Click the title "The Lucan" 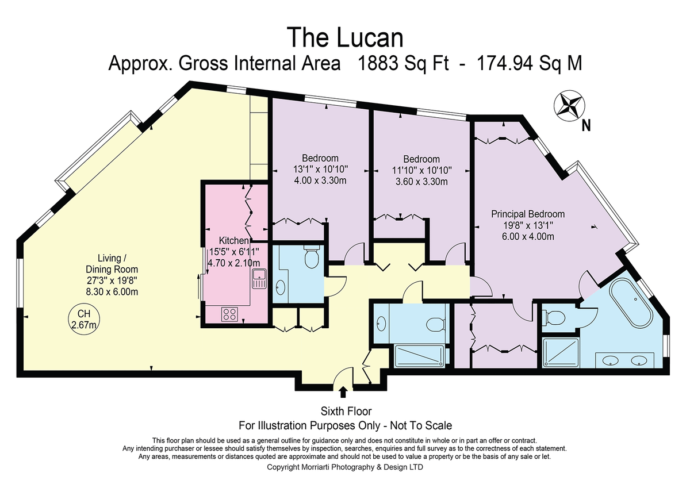[344, 37]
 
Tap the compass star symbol [569, 106]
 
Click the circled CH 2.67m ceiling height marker [84, 319]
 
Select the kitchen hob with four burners [229, 314]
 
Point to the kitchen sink [259, 278]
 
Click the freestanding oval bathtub [632, 303]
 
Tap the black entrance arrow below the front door [343, 392]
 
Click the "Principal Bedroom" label [528, 214]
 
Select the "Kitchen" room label [234, 240]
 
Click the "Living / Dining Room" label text [112, 264]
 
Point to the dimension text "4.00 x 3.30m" [320, 180]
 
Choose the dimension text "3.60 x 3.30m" [421, 181]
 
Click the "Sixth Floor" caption [346, 411]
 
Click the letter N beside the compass [586, 126]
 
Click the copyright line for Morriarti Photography [344, 467]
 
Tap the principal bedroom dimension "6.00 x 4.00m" [528, 236]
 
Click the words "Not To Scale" [421, 425]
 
